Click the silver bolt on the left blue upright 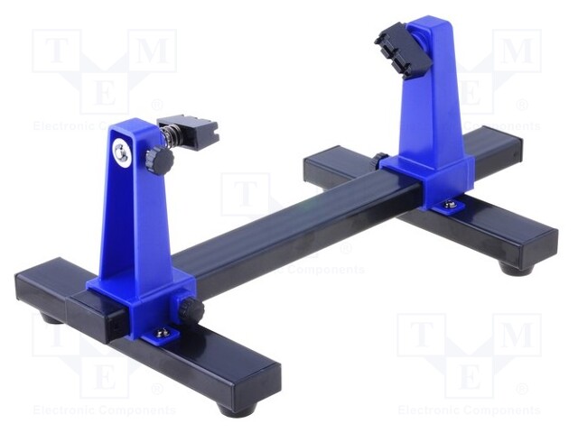tap(121, 154)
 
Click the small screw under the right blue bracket tap(449, 207)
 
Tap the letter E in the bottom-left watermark tap(105, 373)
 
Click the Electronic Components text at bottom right tap(470, 410)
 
